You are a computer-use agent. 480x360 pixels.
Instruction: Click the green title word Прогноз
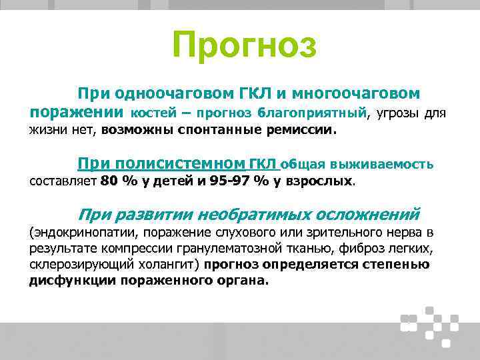coord(244,45)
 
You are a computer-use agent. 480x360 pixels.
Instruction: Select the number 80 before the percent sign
coord(109,181)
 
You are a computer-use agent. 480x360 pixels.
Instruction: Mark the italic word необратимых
coord(254,215)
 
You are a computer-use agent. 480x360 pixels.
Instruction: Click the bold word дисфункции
coord(72,281)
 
